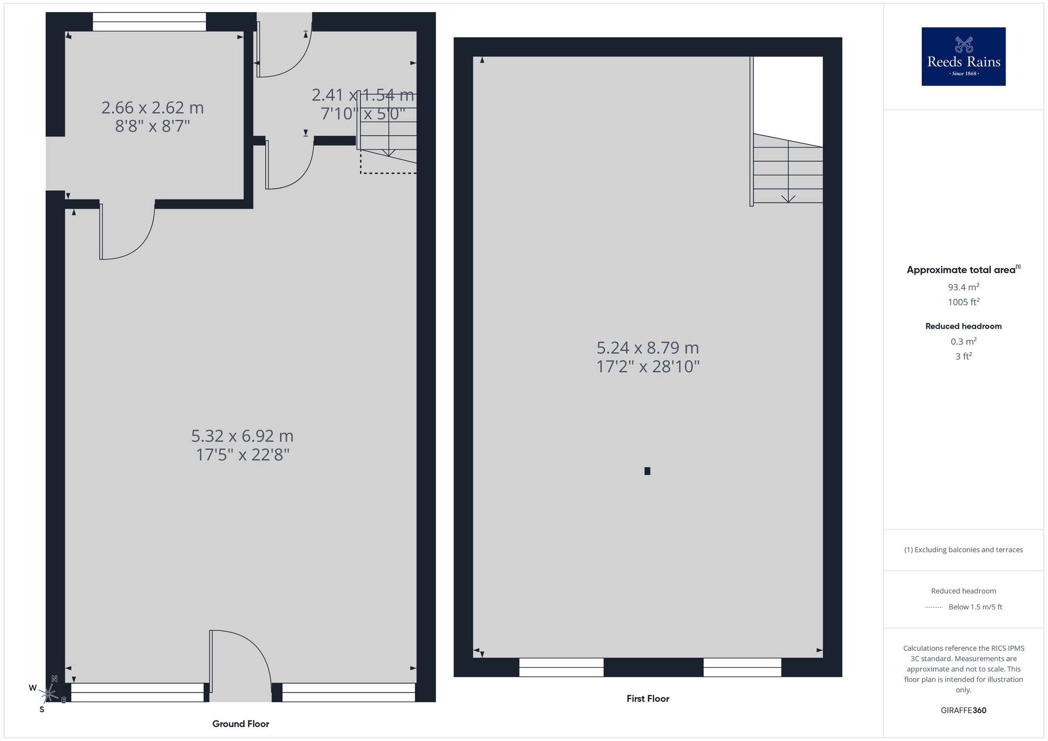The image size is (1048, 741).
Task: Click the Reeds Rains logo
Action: (963, 57)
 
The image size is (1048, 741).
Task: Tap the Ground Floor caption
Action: (241, 724)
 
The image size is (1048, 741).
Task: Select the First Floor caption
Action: (648, 699)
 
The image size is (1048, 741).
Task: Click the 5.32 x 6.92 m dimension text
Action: (242, 436)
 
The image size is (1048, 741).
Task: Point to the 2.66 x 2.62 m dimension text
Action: (152, 108)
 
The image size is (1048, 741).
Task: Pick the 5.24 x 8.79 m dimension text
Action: (648, 348)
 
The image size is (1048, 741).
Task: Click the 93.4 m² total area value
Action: (963, 287)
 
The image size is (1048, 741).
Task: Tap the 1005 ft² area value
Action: (963, 302)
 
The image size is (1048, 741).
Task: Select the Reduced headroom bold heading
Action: (963, 326)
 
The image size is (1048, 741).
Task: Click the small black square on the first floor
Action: (647, 471)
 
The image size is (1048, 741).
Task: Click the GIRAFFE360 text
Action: (963, 711)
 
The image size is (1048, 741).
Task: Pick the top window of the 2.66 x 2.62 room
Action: (149, 22)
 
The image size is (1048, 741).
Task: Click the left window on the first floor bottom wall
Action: (561, 667)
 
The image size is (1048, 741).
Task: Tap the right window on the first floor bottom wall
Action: (742, 667)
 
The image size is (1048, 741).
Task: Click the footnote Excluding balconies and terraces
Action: (963, 550)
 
